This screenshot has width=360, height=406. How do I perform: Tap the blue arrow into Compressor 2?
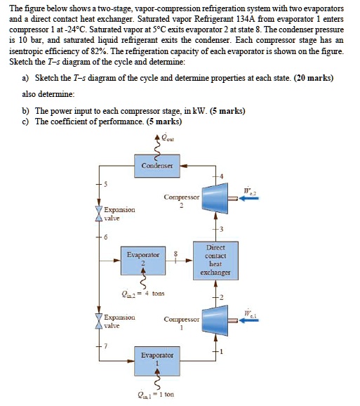click(x=250, y=199)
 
